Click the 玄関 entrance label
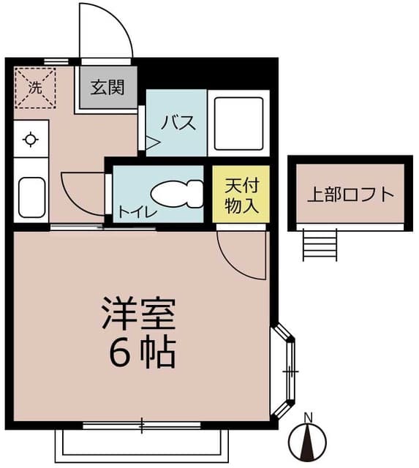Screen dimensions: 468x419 click(107, 88)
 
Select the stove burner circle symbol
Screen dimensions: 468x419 click(31, 140)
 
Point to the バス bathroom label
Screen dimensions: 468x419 click(178, 122)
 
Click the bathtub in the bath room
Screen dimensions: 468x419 click(238, 123)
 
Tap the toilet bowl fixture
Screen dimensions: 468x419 click(178, 195)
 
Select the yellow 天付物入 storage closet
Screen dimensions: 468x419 click(241, 195)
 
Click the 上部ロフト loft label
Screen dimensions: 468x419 click(350, 195)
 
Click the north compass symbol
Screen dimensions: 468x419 click(308, 442)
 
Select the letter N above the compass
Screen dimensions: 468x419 click(308, 418)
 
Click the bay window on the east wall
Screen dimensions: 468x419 click(287, 372)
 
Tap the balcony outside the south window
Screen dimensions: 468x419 click(142, 442)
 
